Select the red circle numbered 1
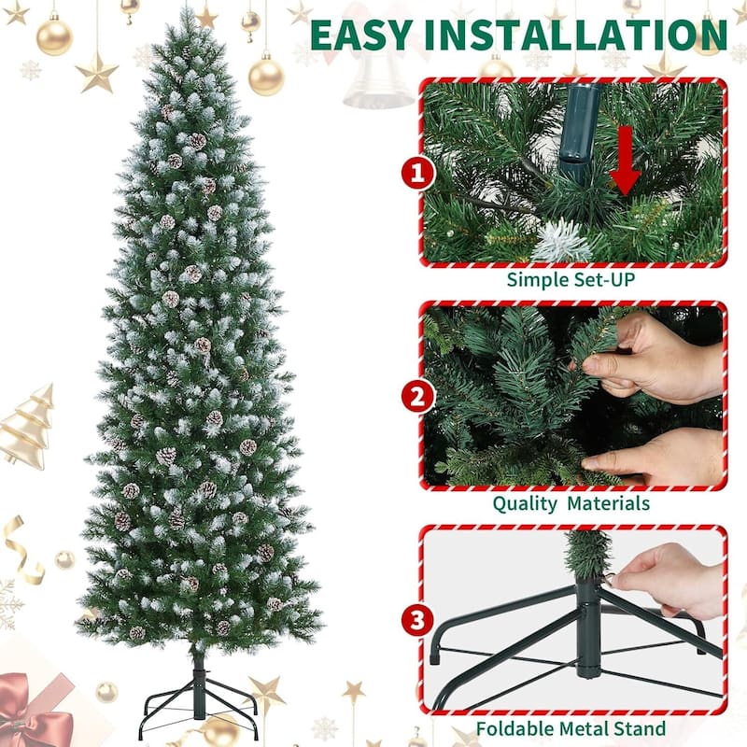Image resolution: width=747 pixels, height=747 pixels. (x=418, y=173)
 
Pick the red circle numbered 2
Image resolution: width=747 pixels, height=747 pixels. (x=418, y=397)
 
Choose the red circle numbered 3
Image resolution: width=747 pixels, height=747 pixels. (x=418, y=621)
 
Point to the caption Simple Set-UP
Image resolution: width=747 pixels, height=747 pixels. (x=571, y=279)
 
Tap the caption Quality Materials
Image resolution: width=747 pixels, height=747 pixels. (x=571, y=503)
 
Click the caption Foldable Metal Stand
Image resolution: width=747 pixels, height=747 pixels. (x=571, y=727)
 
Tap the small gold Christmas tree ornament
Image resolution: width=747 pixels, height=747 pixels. (x=25, y=426)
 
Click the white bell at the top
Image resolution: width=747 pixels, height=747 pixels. (x=378, y=79)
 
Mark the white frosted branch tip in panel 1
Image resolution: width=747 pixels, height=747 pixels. (x=561, y=243)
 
